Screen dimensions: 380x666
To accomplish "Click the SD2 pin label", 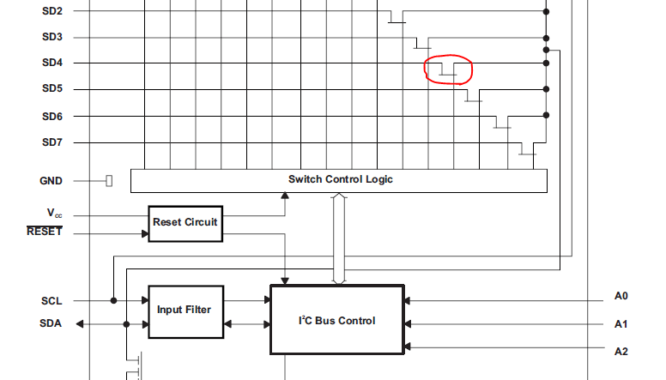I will pos(51,11).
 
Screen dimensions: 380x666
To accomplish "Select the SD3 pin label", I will pos(51,37).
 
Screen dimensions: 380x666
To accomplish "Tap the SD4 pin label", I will pos(51,63).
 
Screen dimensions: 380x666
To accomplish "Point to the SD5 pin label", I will pos(51,88).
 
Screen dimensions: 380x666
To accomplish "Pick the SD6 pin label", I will pos(51,116).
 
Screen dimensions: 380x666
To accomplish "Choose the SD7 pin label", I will pos(51,142).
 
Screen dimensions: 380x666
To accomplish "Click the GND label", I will pos(51,181).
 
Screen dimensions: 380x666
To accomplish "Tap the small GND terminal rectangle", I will pos(109,181).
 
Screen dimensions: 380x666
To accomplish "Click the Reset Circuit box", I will pos(185,223).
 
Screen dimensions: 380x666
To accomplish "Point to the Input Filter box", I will pos(185,311).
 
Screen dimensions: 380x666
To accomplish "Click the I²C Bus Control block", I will pos(336,320).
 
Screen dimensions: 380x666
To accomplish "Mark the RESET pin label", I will pos(45,232).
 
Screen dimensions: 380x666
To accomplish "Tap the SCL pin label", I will pos(51,301).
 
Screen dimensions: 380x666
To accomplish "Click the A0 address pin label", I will pos(621,296).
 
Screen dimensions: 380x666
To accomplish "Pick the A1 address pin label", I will pos(621,323).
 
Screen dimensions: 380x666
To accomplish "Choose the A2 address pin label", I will pos(621,351).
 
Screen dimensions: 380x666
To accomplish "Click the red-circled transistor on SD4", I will pos(448,69).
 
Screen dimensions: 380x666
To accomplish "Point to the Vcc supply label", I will pos(53,212).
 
